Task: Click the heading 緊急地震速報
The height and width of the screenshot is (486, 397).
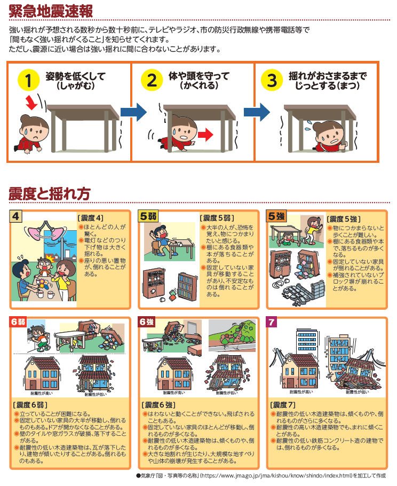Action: [50, 10]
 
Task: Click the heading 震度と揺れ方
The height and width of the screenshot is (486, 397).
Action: [49, 193]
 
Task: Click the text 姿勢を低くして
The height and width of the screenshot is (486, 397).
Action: [75, 76]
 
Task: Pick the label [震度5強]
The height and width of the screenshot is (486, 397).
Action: [344, 218]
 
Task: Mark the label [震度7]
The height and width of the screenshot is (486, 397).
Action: [283, 404]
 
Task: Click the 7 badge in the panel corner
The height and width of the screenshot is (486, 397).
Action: [273, 322]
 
